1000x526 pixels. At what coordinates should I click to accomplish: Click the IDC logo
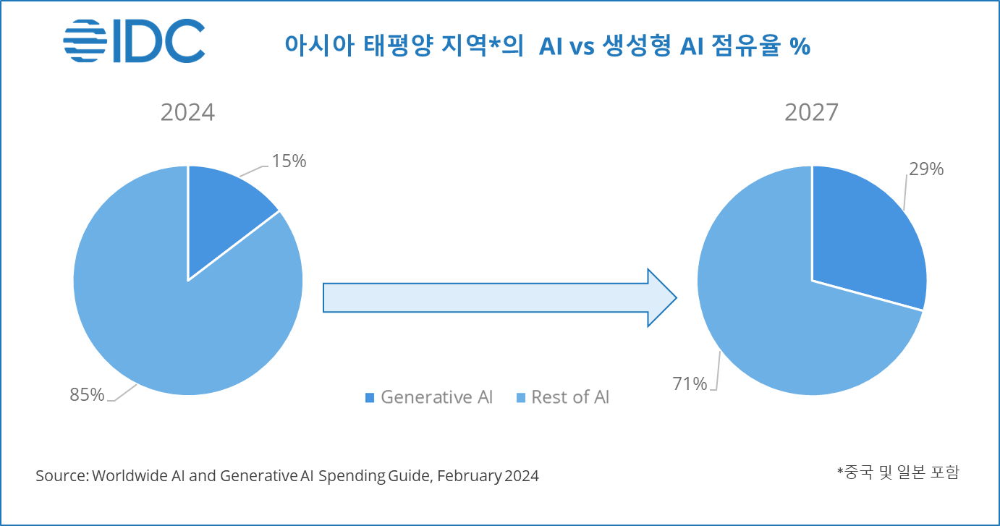point(134,41)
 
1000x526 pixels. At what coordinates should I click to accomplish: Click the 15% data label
point(289,161)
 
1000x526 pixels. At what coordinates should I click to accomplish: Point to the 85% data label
point(87,394)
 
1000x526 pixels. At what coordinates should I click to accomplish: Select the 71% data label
point(689,384)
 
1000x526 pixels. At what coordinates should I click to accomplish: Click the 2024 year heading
point(187,114)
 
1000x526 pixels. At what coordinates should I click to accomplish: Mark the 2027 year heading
point(812,114)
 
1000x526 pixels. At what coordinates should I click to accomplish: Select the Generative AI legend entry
point(428,397)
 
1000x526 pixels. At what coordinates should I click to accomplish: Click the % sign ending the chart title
point(800,46)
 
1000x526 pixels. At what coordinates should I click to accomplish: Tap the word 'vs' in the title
point(579,47)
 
